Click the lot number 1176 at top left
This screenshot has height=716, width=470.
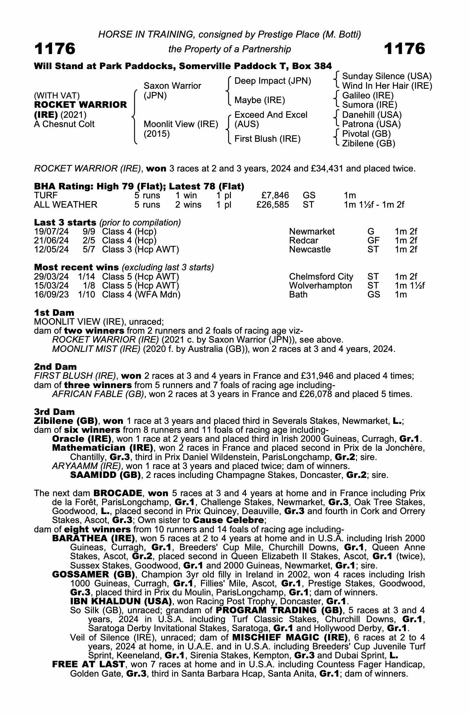(55, 49)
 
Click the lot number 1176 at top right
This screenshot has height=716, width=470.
(404, 49)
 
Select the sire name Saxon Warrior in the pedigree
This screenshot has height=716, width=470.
(172, 86)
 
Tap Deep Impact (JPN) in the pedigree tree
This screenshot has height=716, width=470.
(273, 81)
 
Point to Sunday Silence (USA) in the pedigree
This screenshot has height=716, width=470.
(387, 76)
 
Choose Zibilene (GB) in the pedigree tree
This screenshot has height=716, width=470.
(368, 144)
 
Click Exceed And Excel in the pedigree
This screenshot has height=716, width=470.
(271, 115)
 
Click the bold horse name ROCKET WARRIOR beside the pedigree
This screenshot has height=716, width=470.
(80, 105)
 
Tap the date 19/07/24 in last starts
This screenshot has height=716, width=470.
(51, 232)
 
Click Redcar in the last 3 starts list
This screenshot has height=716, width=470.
(303, 241)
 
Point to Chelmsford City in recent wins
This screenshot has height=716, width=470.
(321, 277)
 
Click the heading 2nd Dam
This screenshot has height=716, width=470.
(55, 367)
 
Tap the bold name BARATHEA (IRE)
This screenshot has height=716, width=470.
(93, 538)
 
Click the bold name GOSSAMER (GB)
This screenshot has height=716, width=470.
(93, 575)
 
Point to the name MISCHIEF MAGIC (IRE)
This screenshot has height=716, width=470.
(290, 638)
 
